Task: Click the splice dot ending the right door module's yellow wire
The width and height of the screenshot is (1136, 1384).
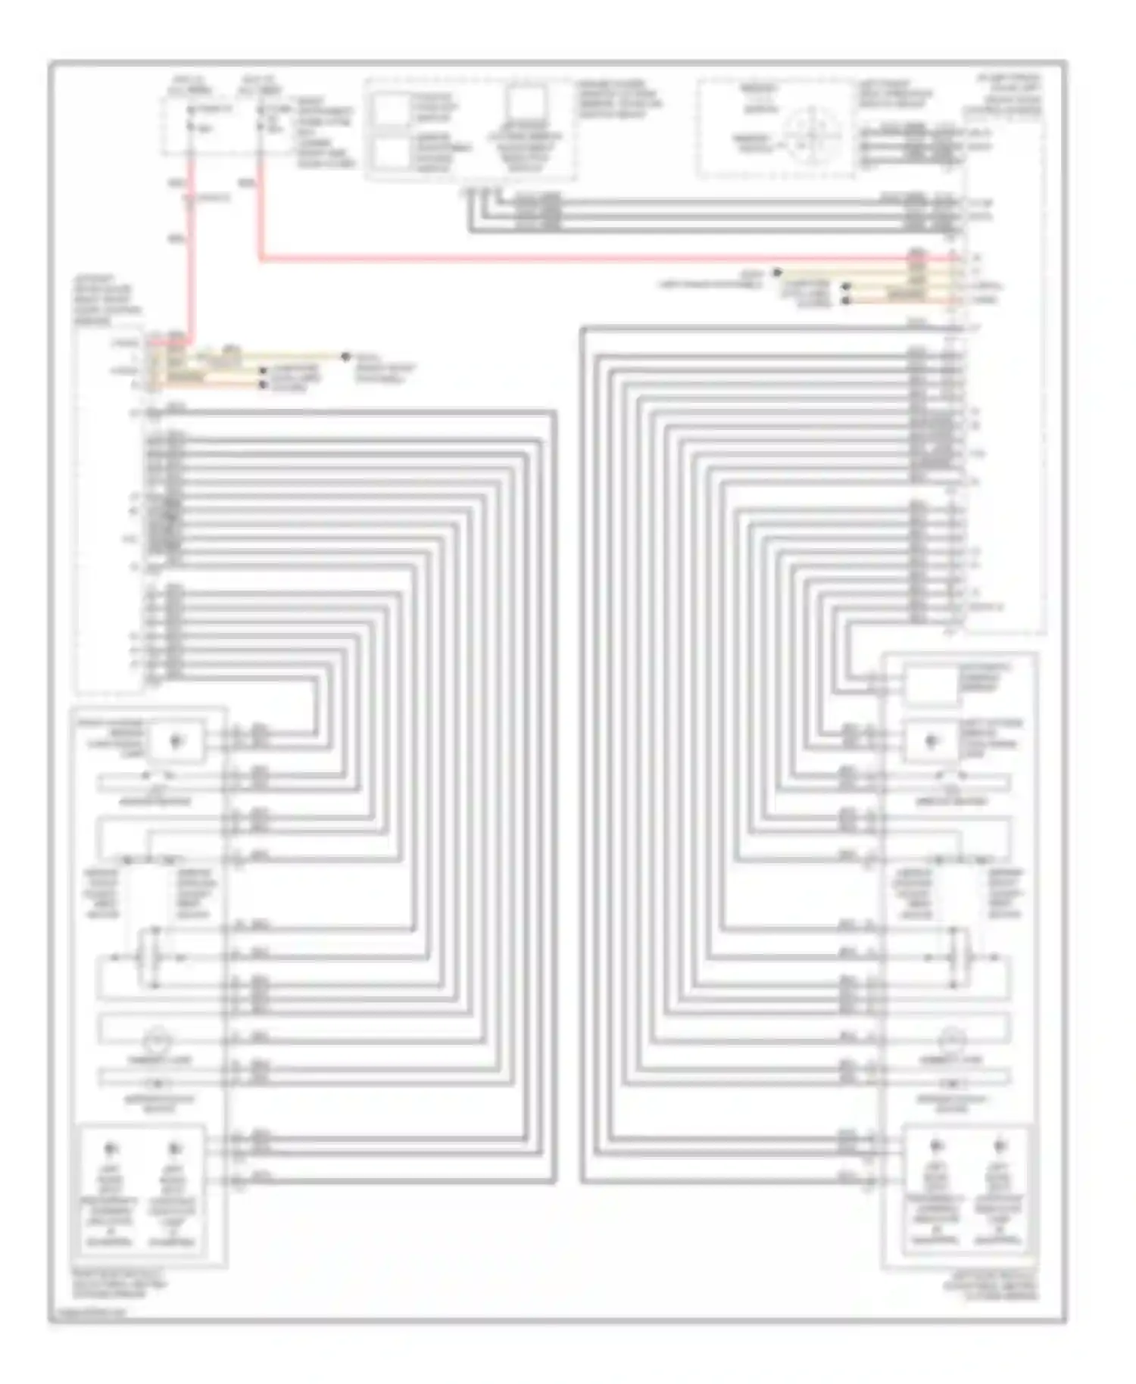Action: click(777, 272)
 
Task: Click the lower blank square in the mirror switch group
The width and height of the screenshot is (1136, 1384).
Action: click(391, 154)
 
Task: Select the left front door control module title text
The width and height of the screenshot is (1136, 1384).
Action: click(106, 300)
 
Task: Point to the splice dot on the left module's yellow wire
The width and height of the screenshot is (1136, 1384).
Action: click(345, 356)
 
